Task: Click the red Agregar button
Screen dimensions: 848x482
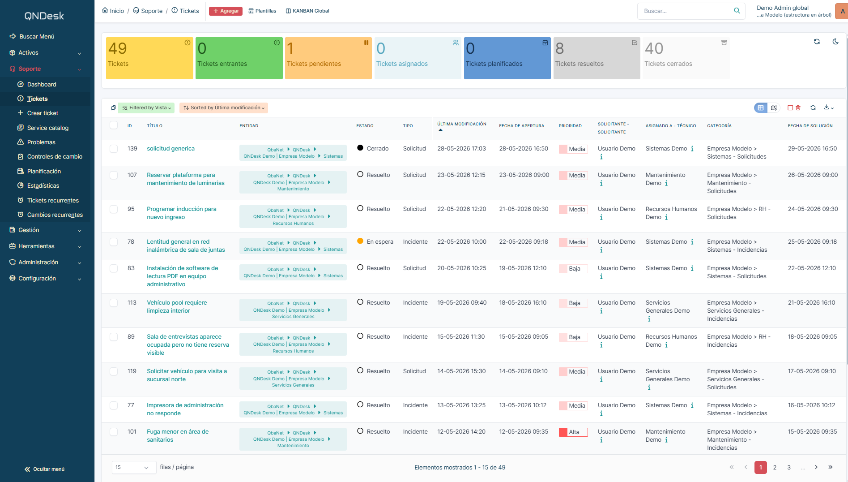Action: point(226,11)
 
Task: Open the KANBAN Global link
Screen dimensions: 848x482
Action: point(307,11)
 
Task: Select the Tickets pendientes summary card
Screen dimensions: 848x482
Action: point(328,58)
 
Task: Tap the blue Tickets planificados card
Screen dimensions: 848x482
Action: point(507,58)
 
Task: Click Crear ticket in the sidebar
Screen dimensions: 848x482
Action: point(43,113)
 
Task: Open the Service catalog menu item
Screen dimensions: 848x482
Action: point(47,128)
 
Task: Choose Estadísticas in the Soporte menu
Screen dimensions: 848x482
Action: point(43,185)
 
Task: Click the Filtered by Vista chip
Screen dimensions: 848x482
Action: point(146,108)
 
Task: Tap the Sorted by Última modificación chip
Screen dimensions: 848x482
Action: point(224,108)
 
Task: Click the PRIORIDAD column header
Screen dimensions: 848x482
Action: point(570,126)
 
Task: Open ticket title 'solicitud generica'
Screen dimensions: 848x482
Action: point(170,149)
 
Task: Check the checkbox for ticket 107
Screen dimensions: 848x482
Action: point(114,175)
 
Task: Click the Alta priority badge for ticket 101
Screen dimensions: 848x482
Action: point(573,432)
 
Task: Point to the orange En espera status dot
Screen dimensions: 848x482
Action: point(360,241)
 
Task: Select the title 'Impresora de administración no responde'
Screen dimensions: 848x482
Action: point(185,409)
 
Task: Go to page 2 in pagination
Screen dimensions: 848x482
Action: point(775,467)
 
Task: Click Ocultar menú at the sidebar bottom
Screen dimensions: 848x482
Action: point(45,469)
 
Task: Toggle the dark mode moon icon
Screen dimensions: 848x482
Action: point(835,42)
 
